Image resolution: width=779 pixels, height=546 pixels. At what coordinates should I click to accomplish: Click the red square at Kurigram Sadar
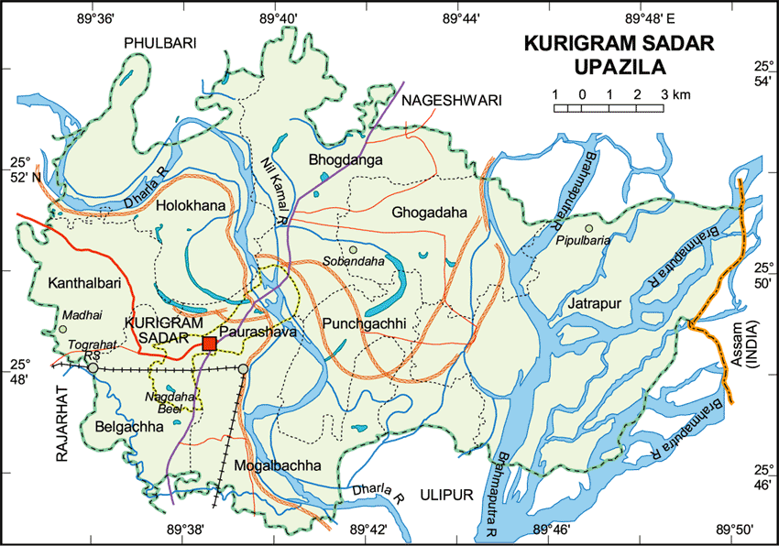coord(209,344)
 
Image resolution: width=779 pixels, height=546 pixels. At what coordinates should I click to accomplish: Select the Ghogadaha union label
coord(430,213)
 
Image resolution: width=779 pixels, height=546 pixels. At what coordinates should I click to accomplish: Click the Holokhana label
coord(191,207)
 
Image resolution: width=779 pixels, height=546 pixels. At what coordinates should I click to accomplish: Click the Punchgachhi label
coord(364,324)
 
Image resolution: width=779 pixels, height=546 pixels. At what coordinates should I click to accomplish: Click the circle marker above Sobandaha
coord(352,249)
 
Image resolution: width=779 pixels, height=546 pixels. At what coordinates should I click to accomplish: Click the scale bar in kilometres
coord(609,108)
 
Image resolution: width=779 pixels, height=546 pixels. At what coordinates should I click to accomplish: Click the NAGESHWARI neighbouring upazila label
coord(451,101)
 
